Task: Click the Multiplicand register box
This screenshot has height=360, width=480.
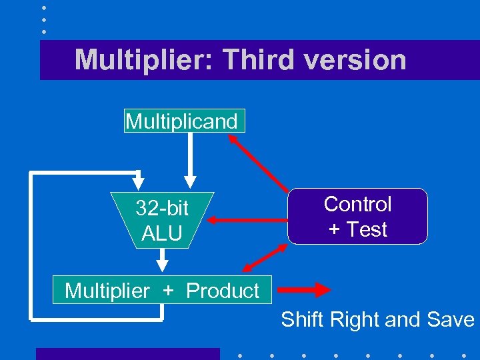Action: click(184, 121)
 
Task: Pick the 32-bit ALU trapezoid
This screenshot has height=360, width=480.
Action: click(163, 220)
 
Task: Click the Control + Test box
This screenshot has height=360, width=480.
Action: click(357, 217)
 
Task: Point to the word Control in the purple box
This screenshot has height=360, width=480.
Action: click(357, 204)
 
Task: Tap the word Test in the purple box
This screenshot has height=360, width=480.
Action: click(366, 229)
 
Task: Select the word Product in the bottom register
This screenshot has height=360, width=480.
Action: click(222, 291)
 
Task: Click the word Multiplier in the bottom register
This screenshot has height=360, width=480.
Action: click(107, 291)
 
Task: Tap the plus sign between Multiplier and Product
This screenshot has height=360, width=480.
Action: click(168, 291)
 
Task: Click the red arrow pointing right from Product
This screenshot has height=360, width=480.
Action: click(303, 290)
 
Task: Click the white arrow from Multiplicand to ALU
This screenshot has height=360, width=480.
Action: click(190, 160)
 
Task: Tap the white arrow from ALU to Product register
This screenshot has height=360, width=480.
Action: click(162, 259)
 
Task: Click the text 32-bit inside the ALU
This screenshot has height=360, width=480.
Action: click(162, 209)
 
